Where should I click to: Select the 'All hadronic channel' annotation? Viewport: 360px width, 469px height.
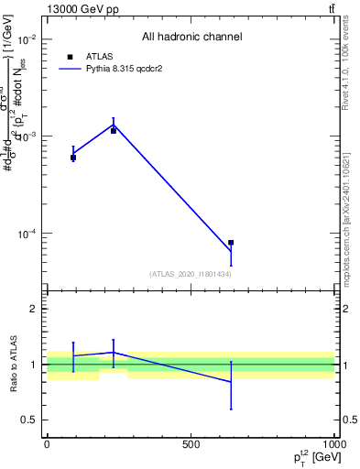coord(191,38)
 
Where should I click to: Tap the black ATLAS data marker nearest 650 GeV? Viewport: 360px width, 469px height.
coord(231,243)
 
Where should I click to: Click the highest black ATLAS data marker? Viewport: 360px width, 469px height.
coord(114,131)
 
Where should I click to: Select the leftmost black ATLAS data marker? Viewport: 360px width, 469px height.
coord(73,158)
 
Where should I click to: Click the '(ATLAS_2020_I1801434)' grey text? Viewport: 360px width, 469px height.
coord(190,274)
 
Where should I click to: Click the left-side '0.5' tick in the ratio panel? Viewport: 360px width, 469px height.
coord(28,420)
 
